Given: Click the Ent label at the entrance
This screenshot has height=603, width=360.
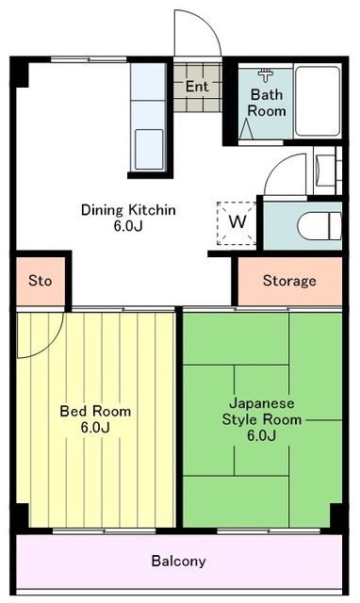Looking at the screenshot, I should pos(197,87).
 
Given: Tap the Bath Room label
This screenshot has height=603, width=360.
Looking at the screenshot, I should pos(267,102).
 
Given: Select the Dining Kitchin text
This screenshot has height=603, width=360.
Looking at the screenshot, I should pos(128,209).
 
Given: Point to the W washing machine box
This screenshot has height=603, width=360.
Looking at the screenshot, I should pos(237,221).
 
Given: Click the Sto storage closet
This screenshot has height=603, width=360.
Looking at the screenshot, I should pos(40,281).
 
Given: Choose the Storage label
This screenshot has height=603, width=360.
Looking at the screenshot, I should pos(288,281).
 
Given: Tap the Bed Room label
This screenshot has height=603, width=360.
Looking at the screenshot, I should pos(95,411).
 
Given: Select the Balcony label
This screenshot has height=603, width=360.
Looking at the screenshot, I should pos(178,561).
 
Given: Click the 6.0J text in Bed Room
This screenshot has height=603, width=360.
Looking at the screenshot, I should pos(95,428).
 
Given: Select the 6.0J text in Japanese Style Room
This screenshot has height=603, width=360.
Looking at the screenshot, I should pos(262,435).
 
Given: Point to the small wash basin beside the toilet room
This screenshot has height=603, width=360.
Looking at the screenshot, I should pos(326,173).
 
